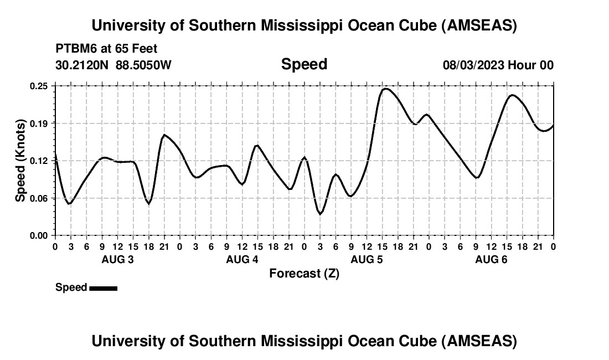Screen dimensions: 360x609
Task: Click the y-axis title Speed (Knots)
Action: [20, 161]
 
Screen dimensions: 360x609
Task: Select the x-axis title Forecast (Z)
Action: [304, 273]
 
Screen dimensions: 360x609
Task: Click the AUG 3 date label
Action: [117, 260]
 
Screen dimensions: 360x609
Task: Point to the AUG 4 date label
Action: [242, 260]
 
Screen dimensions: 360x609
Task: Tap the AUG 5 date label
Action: [367, 260]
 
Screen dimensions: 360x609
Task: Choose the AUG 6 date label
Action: [491, 260]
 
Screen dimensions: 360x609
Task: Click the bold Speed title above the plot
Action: [304, 64]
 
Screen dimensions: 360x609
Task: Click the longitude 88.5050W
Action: [143, 65]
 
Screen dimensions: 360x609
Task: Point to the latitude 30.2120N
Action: [83, 65]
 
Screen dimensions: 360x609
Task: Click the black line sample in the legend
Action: [103, 288]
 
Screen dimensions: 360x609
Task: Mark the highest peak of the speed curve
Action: [386, 89]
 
